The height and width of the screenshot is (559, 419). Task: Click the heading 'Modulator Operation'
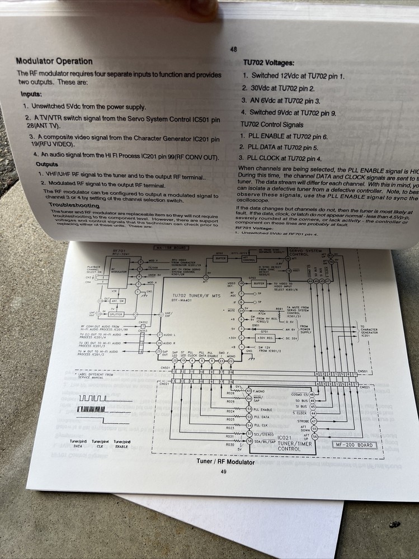pyautogui.click(x=54, y=61)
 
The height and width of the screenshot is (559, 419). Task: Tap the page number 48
pyautogui.click(x=233, y=49)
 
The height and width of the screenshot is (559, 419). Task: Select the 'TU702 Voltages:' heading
pyautogui.click(x=269, y=63)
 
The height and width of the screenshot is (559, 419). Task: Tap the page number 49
pyautogui.click(x=223, y=471)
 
